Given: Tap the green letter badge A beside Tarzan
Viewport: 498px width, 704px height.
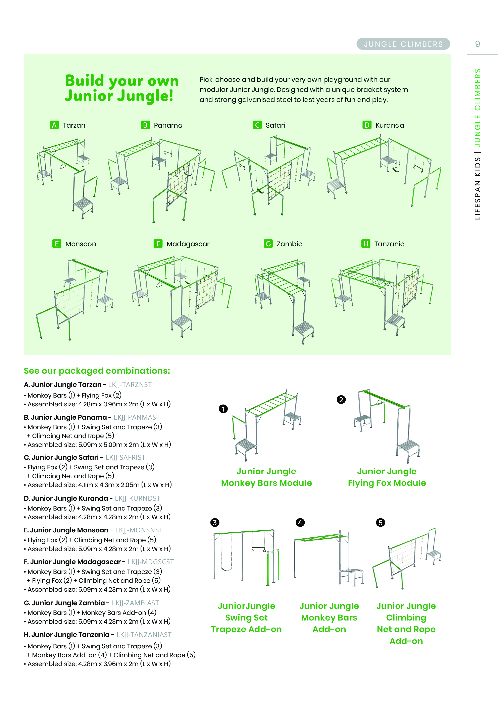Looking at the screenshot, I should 54,125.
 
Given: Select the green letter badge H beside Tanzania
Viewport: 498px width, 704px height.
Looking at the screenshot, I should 365,244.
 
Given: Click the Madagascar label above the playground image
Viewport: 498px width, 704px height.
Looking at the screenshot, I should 188,244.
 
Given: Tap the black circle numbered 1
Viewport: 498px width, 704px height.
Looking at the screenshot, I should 223,409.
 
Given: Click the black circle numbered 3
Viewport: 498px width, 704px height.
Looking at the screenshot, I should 215,522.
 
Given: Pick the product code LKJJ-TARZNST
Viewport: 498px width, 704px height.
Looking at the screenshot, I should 130,385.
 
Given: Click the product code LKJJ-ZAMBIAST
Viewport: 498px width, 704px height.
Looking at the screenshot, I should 135,603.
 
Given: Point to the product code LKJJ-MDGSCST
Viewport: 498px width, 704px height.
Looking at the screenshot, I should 151,562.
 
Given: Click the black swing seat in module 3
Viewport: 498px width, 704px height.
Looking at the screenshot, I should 227,569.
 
